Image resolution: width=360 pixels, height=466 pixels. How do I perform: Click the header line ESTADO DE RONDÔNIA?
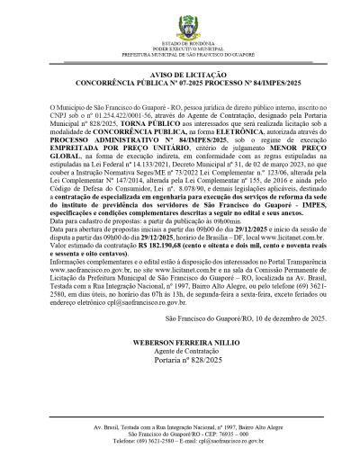pos(180,42)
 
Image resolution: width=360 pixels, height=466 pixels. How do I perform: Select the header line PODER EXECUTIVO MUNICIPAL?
pos(180,48)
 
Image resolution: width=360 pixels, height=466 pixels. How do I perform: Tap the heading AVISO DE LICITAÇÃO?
pos(180,76)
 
